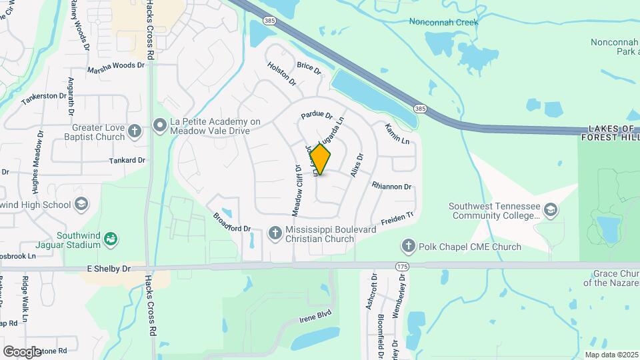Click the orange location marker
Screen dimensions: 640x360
(x=321, y=160)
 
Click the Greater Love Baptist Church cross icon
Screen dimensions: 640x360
(x=134, y=131)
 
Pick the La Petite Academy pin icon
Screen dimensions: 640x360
(x=160, y=125)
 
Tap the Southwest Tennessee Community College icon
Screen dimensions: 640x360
(x=551, y=210)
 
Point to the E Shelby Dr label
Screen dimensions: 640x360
(x=109, y=268)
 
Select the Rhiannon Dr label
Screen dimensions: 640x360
(x=391, y=187)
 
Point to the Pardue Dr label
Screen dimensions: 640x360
(x=316, y=115)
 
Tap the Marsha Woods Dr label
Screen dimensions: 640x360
(x=116, y=66)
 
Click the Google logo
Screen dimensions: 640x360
(x=22, y=351)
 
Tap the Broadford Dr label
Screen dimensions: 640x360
(x=231, y=223)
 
